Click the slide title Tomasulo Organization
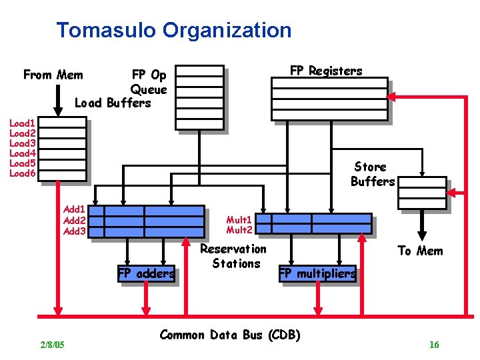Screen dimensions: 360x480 (x=174, y=30)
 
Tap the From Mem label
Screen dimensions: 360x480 (x=53, y=75)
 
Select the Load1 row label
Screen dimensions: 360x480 (x=22, y=123)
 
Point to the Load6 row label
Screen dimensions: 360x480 (x=22, y=173)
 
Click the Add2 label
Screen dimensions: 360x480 (x=74, y=221)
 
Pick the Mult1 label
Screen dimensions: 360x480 (x=239, y=219)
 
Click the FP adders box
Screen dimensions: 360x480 (x=146, y=273)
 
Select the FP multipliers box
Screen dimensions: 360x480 (x=317, y=273)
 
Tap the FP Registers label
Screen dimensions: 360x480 (x=326, y=71)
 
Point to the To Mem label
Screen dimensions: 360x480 (x=420, y=251)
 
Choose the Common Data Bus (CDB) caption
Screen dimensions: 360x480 (x=230, y=335)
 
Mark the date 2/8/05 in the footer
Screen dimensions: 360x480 (x=52, y=345)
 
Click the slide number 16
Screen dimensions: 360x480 (x=434, y=345)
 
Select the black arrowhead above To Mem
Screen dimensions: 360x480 (x=421, y=234)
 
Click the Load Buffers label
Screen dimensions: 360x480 (x=113, y=103)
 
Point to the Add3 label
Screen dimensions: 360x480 (x=74, y=231)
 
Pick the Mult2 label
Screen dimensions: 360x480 (x=239, y=230)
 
